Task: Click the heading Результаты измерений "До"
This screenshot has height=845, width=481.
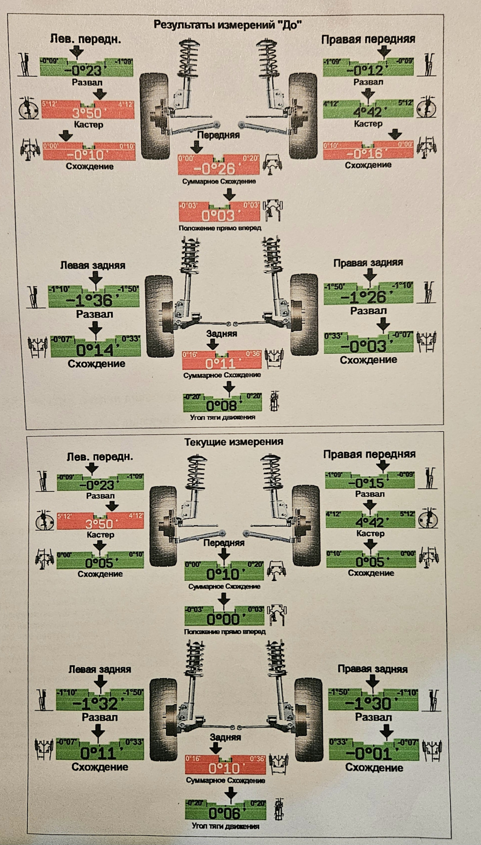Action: coord(228,25)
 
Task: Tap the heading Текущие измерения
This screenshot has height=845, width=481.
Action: coord(233,441)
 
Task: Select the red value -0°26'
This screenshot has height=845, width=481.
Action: coord(214,169)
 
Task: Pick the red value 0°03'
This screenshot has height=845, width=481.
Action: coord(219,215)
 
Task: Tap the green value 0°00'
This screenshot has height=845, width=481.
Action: coord(224,619)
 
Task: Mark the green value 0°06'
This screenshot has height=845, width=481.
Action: coord(224,812)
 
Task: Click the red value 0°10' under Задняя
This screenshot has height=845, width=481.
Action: coord(224,768)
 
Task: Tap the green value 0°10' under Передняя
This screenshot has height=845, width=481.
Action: coord(224,574)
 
